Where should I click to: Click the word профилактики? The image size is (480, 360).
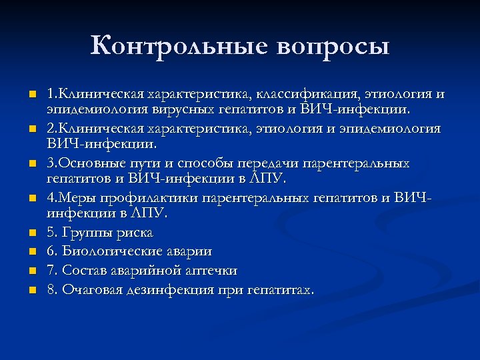(147, 198)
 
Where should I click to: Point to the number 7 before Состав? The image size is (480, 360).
(51, 271)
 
